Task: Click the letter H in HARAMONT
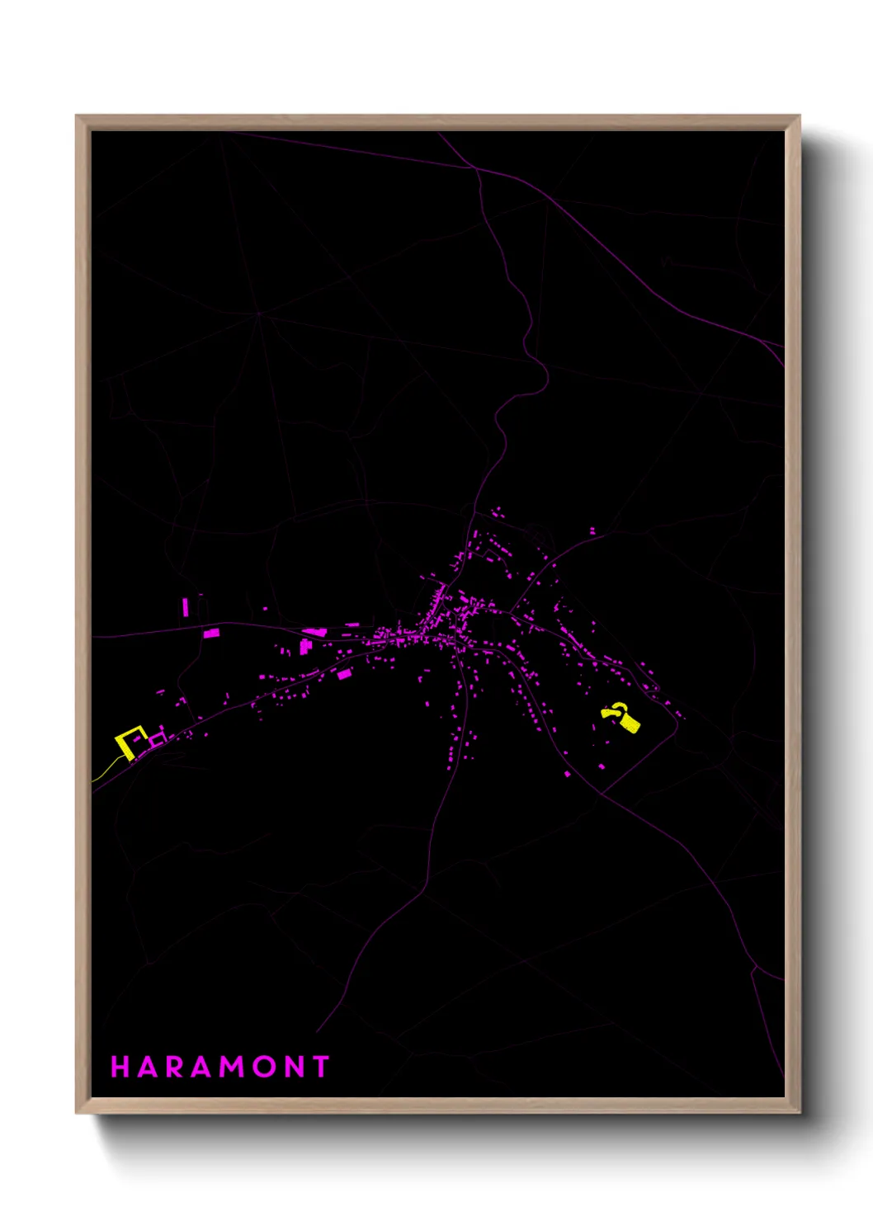click(120, 1067)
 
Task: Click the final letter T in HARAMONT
click(321, 1067)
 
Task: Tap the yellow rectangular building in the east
click(630, 724)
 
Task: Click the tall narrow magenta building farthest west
click(186, 607)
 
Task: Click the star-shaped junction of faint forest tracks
click(258, 313)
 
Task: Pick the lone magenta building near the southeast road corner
click(602, 766)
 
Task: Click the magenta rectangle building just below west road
click(212, 633)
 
